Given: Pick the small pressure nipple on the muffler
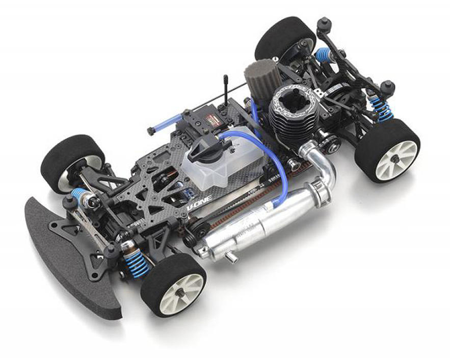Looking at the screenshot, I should (x=233, y=259).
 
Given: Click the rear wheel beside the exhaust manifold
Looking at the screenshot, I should (x=388, y=150).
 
